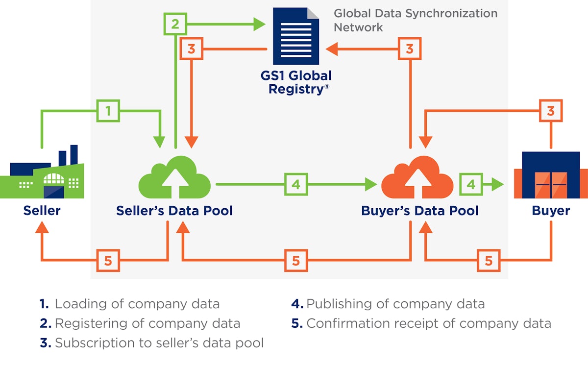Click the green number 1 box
click(x=108, y=111)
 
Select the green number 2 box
click(x=175, y=23)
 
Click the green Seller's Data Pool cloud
click(x=174, y=179)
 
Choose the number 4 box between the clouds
click(x=295, y=184)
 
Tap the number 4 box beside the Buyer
click(x=470, y=184)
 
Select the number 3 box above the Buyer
click(x=551, y=111)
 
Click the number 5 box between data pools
click(x=295, y=260)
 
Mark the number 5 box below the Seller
click(x=108, y=260)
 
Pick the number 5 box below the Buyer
click(x=488, y=260)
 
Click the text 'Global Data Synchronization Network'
click(x=415, y=20)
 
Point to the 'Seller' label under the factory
click(x=42, y=211)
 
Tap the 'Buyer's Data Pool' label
click(x=419, y=211)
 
